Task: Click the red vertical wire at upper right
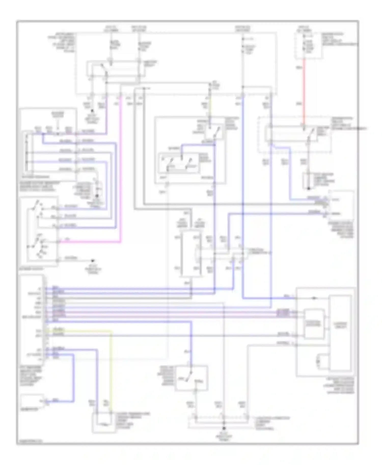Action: (x=304, y=92)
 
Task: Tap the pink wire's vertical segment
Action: (x=120, y=168)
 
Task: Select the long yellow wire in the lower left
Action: (x=111, y=369)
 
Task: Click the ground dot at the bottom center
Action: (x=224, y=429)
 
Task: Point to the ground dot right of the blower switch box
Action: (x=93, y=260)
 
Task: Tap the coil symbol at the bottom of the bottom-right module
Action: (x=319, y=361)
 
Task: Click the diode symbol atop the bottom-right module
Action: (x=314, y=298)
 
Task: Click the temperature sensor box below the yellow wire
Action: (x=102, y=422)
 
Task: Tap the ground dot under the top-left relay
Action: (x=92, y=111)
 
